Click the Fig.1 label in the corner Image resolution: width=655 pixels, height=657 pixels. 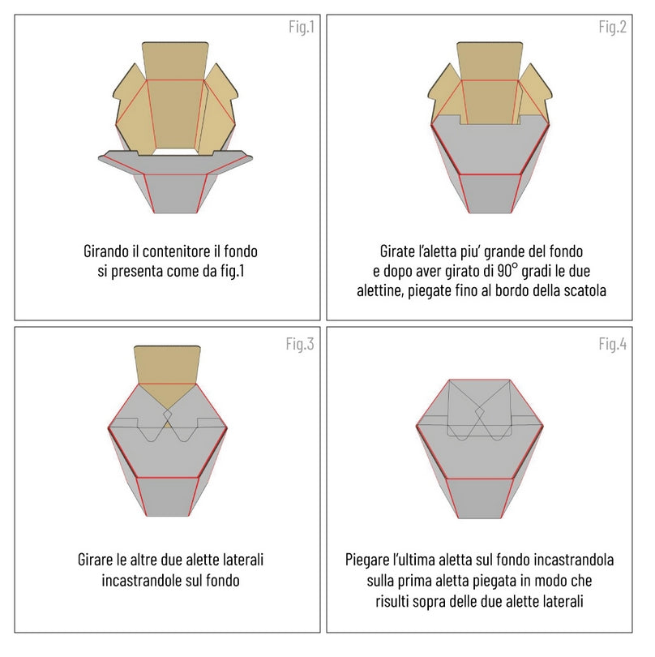point(301,27)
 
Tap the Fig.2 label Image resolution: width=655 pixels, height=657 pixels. point(612,27)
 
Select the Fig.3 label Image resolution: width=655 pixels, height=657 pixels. point(299,343)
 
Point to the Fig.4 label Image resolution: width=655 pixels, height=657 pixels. point(612,343)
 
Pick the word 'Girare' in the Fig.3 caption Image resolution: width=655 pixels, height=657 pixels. point(96,560)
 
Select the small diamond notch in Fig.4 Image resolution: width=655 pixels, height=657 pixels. point(480,414)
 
